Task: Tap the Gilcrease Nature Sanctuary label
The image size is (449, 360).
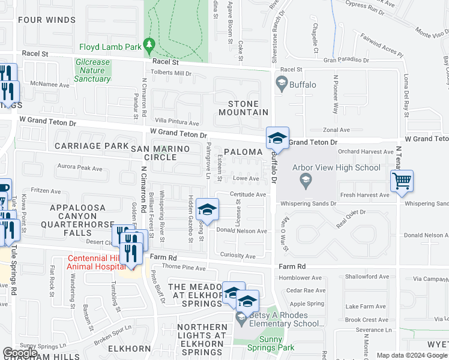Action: pos(93,70)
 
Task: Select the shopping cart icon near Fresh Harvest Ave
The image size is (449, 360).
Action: pos(402,181)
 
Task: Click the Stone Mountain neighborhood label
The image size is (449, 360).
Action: pos(243,107)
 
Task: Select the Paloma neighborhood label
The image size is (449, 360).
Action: pos(244,152)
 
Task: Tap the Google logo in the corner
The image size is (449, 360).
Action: pos(20,353)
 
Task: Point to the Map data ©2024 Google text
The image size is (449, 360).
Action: pos(412,355)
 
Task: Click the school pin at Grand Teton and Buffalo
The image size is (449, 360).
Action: pos(278,139)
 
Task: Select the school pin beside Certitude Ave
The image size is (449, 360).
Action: pos(207,209)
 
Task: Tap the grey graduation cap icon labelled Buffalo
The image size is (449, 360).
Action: pos(281,83)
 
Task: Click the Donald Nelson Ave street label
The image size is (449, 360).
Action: pos(241,231)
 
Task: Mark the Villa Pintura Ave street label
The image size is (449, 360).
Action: pos(176,122)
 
